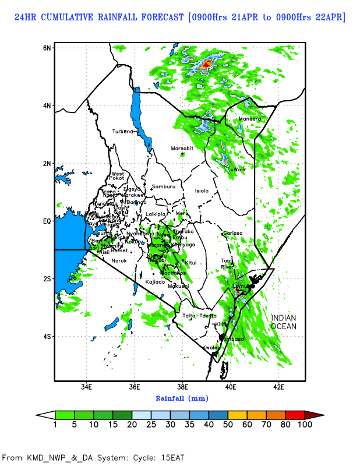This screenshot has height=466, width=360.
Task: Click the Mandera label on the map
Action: tap(250, 119)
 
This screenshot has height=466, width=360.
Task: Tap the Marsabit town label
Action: tap(182, 149)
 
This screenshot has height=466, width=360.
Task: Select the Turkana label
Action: tap(123, 131)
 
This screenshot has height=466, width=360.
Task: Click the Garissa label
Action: tap(232, 233)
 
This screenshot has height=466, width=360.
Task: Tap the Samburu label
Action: tap(164, 186)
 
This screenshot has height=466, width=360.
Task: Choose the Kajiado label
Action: tap(155, 282)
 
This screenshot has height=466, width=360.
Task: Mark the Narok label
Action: tap(119, 260)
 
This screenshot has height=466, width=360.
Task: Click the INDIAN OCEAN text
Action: tap(283, 322)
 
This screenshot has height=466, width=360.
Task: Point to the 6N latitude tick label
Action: tap(47, 47)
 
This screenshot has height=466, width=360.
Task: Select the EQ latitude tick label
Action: tap(47, 221)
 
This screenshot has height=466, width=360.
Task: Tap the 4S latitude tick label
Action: tap(47, 337)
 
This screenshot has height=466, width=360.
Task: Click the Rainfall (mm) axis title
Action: tap(182, 398)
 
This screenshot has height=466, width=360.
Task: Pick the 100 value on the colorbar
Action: tap(305, 425)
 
